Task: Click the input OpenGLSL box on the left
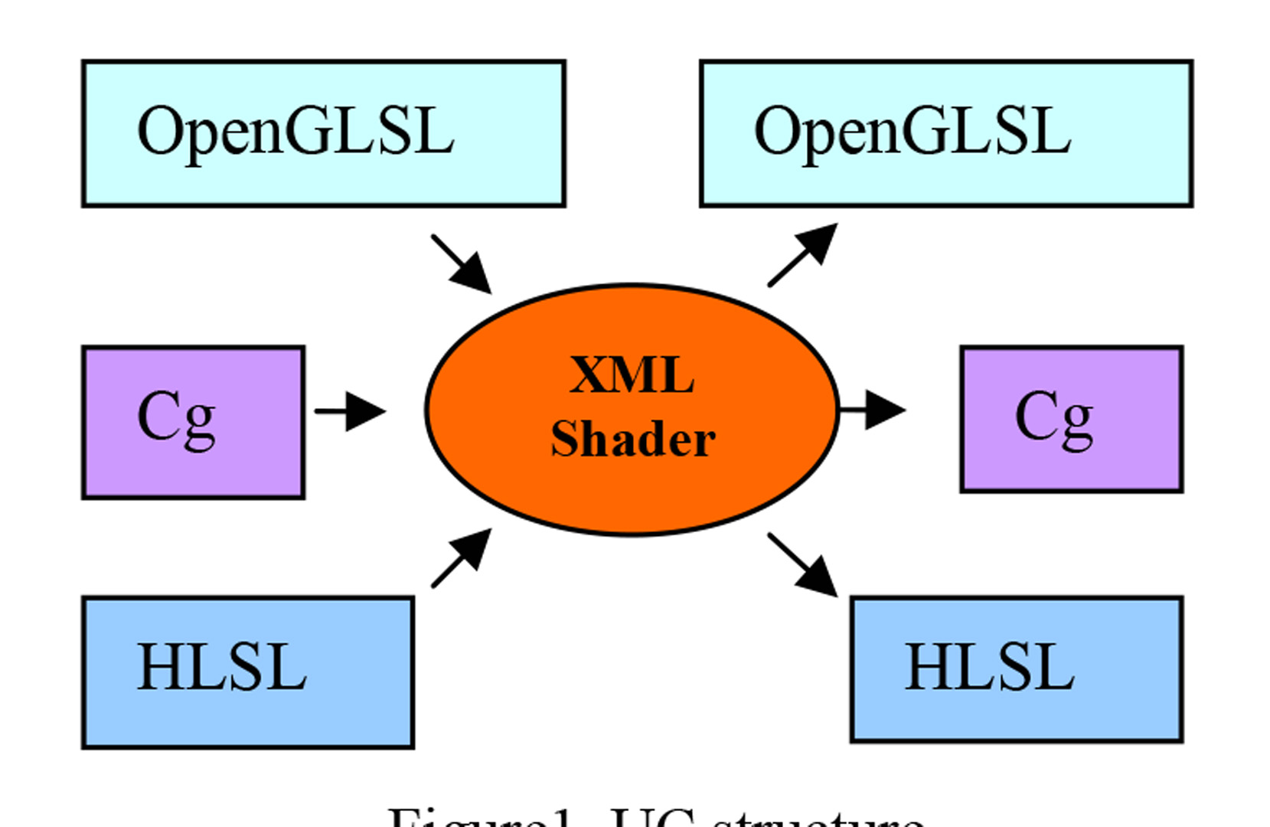coord(323,133)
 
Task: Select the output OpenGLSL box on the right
coord(946,133)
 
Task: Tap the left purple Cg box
coord(194,423)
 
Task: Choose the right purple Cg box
coord(1071,419)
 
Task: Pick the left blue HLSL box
coord(248,672)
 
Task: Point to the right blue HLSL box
coord(1017,669)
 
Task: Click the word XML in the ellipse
coord(632,375)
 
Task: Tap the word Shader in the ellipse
coord(633,440)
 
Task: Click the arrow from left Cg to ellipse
coord(350,411)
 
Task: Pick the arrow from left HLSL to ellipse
coord(462,557)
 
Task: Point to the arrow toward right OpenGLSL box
coord(803,255)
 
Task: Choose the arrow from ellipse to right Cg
coord(873,410)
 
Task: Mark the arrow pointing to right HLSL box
coord(803,565)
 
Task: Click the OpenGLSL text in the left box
coord(295,132)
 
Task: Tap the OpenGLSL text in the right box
coord(913,132)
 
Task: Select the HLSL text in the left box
coord(222,668)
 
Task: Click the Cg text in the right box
coord(1054,418)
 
